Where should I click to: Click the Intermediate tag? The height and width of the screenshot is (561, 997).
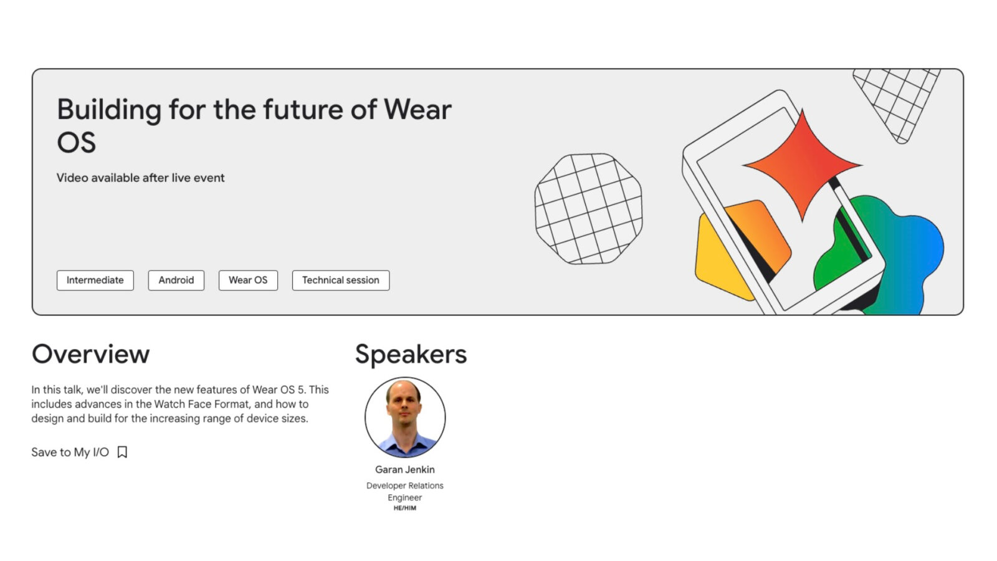click(x=95, y=280)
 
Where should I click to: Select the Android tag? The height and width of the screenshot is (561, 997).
click(x=176, y=280)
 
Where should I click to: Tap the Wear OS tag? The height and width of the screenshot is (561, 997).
click(x=247, y=280)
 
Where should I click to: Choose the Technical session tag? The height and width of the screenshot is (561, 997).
click(x=340, y=280)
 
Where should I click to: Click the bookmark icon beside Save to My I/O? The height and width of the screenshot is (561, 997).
click(x=122, y=452)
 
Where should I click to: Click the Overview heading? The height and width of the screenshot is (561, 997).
click(x=90, y=354)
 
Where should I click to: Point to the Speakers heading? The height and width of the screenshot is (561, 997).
click(x=410, y=354)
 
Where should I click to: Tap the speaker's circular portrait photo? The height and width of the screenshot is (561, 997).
click(x=404, y=416)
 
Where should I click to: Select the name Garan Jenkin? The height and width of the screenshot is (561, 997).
click(x=404, y=469)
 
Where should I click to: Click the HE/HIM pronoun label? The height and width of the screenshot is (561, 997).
click(x=404, y=508)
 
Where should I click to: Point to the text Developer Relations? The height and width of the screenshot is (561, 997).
click(x=404, y=486)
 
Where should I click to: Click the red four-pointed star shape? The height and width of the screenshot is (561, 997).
click(x=802, y=165)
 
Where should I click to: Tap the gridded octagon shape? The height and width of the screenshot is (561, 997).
click(x=588, y=209)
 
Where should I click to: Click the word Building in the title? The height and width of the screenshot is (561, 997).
click(x=109, y=110)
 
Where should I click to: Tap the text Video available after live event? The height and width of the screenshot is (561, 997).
click(x=140, y=178)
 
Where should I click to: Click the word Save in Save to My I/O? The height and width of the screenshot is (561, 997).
click(x=44, y=452)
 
